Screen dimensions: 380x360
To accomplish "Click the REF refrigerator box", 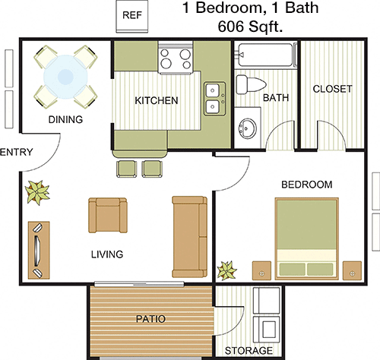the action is click(131, 16).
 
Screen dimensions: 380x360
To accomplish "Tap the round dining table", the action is click(65, 76).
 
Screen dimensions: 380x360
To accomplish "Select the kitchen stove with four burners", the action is click(176, 58).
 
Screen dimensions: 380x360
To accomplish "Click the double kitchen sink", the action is click(215, 99).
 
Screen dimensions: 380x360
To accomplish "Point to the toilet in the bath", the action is click(251, 84).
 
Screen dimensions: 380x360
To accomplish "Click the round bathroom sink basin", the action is click(248, 128).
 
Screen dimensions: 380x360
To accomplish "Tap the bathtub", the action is click(267, 55).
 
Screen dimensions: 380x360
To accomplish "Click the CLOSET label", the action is click(332, 89).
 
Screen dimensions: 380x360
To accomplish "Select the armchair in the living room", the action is click(108, 215).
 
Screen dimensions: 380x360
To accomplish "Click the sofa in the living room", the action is click(190, 236).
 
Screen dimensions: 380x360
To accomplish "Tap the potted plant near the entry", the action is click(38, 192).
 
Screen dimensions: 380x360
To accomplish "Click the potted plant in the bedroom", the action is click(227, 270).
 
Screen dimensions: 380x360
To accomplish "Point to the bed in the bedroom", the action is click(307, 238).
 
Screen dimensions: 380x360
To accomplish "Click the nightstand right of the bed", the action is click(352, 270).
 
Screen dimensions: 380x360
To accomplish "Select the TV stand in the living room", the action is click(39, 250).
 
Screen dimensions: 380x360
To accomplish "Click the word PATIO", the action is click(150, 319).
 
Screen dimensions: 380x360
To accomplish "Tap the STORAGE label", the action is click(249, 351).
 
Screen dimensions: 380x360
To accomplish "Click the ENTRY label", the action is click(17, 152).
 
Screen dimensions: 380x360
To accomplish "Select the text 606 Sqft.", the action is click(250, 26).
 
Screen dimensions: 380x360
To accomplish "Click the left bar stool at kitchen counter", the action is click(126, 169).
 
